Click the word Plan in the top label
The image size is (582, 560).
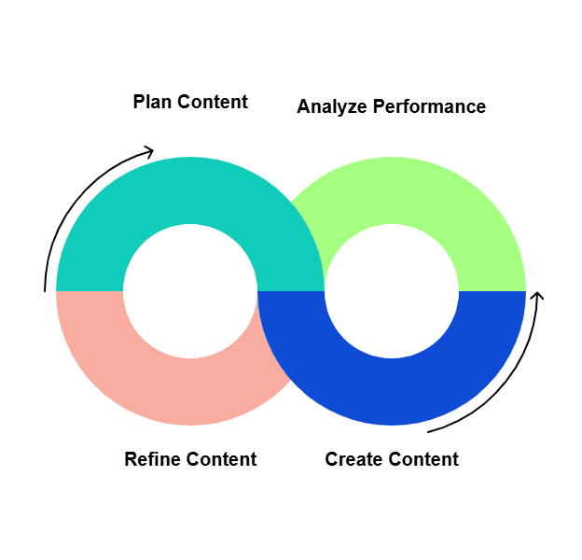click(152, 102)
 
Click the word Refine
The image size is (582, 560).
click(152, 459)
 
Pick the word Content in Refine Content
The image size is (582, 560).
click(221, 459)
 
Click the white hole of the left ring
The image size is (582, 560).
click(190, 291)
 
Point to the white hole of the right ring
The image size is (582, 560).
click(392, 291)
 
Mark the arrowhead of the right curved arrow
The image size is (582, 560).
click(536, 298)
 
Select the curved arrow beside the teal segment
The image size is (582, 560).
click(70, 205)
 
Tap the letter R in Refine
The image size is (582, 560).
click(131, 459)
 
